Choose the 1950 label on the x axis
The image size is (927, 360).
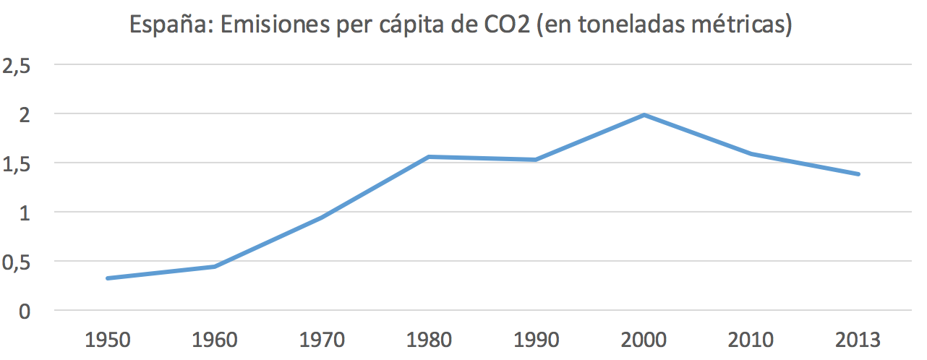tap(108, 339)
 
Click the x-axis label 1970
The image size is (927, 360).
tap(322, 339)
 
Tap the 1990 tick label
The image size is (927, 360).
tap(536, 339)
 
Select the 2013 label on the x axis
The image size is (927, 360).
tap(857, 339)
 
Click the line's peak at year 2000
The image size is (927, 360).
tap(644, 115)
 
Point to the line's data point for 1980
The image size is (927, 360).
tap(430, 157)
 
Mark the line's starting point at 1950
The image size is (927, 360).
tap(108, 278)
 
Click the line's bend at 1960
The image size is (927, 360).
tap(215, 267)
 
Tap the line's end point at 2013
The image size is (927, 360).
tap(858, 174)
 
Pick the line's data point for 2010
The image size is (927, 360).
tap(751, 154)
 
